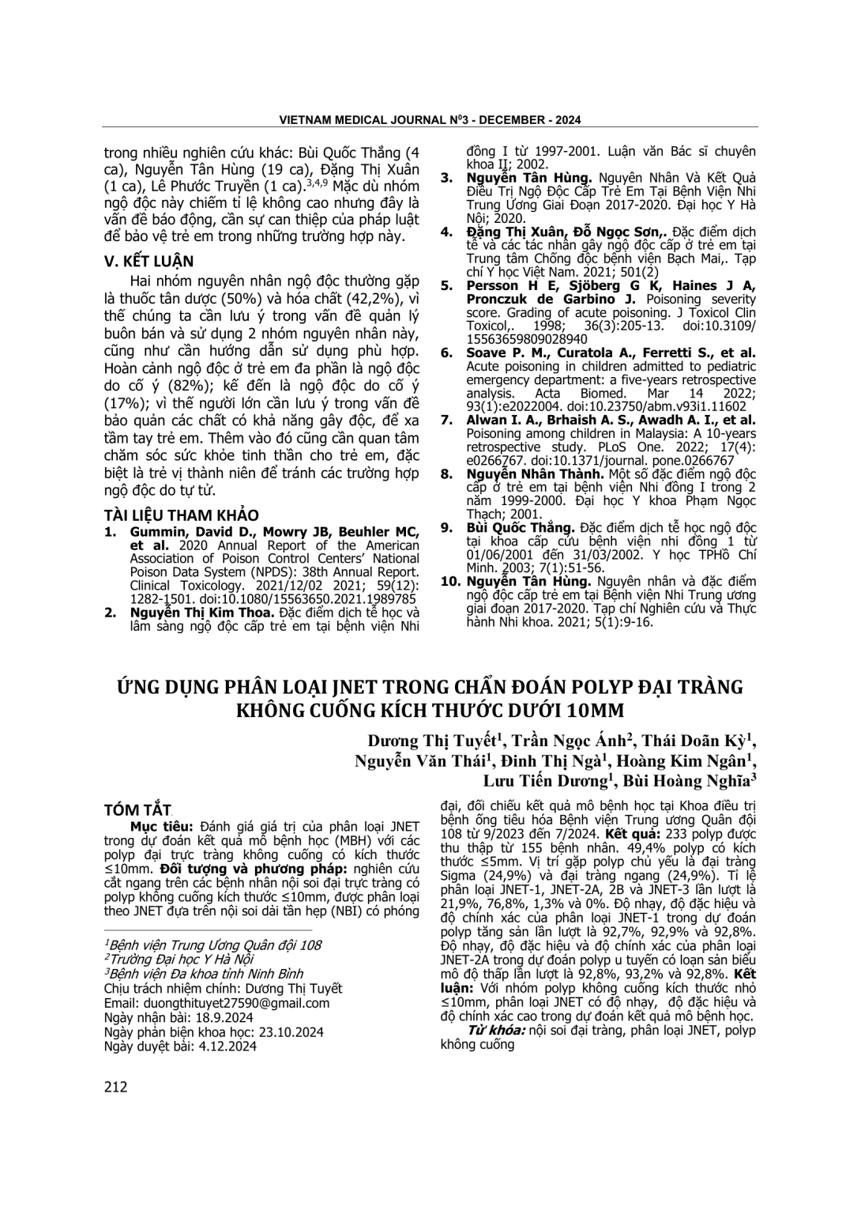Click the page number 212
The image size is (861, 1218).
(115, 1087)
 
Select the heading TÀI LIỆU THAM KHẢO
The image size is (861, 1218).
(181, 516)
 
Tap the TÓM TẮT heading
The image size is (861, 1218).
(137, 810)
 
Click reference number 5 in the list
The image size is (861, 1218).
(446, 286)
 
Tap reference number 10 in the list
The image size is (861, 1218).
(449, 582)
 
